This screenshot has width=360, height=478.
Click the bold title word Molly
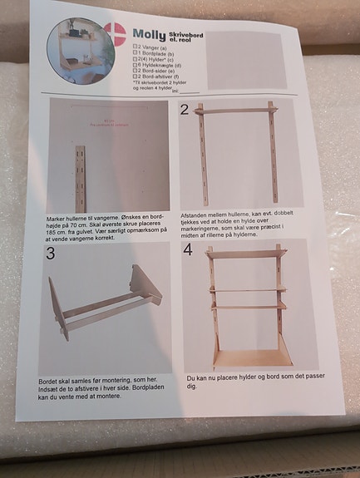(x=150, y=35)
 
